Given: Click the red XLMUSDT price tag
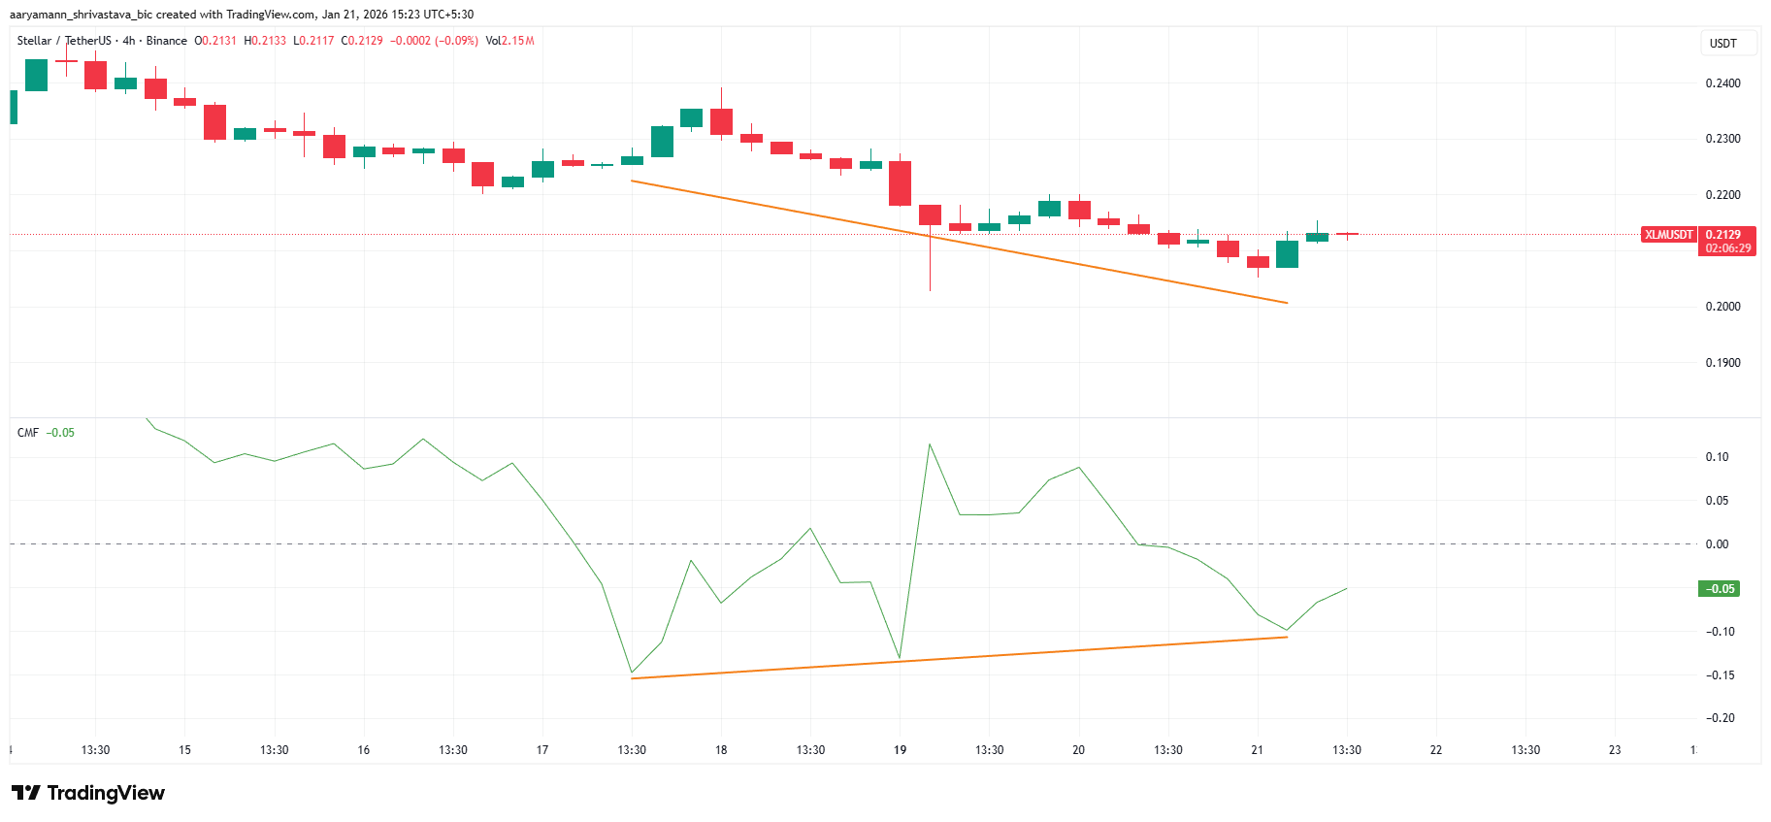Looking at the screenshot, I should (x=1668, y=235).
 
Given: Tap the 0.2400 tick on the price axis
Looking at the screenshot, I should (x=1722, y=83).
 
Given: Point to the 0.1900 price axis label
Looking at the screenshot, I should (x=1722, y=363).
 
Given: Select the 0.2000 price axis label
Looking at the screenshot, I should (x=1722, y=307).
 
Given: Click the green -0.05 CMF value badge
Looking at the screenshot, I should (x=1719, y=589).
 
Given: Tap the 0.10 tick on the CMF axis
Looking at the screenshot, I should (x=1717, y=457).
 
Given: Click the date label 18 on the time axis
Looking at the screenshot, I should (x=721, y=750).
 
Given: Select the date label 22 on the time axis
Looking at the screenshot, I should (x=1436, y=750).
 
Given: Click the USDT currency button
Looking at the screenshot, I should (x=1722, y=44).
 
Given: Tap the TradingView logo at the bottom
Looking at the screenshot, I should (x=88, y=793).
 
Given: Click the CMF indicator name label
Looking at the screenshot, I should (x=28, y=433).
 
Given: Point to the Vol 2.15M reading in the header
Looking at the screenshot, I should (x=509, y=41).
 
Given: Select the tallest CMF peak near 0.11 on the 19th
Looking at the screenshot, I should (x=930, y=444).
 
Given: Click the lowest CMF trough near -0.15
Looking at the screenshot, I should (x=632, y=673).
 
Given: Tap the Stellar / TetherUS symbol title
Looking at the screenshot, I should (x=63, y=41).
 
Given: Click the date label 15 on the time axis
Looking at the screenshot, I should (x=184, y=750).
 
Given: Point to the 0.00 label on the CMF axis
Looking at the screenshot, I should (x=1717, y=544).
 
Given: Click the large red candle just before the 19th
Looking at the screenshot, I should (x=900, y=183).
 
